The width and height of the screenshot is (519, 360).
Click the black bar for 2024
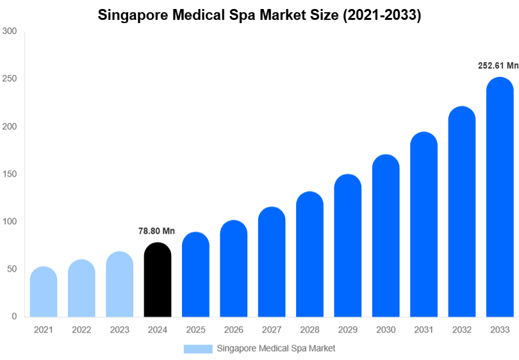(x=158, y=280)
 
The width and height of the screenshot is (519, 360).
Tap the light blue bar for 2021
(x=44, y=292)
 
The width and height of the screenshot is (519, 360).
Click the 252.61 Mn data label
(x=498, y=65)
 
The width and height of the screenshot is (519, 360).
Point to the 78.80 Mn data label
(x=156, y=231)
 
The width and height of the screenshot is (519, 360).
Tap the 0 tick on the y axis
(x=13, y=316)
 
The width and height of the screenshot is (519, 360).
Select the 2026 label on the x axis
(x=233, y=330)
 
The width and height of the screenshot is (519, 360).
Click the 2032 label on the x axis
(x=461, y=330)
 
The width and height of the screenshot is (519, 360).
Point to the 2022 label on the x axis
(x=81, y=330)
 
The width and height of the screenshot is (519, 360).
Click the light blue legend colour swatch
(x=197, y=348)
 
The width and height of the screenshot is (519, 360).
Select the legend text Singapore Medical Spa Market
(x=276, y=348)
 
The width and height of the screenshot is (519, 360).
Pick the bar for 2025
(x=195, y=275)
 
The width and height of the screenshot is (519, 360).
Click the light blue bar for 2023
(x=120, y=284)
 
